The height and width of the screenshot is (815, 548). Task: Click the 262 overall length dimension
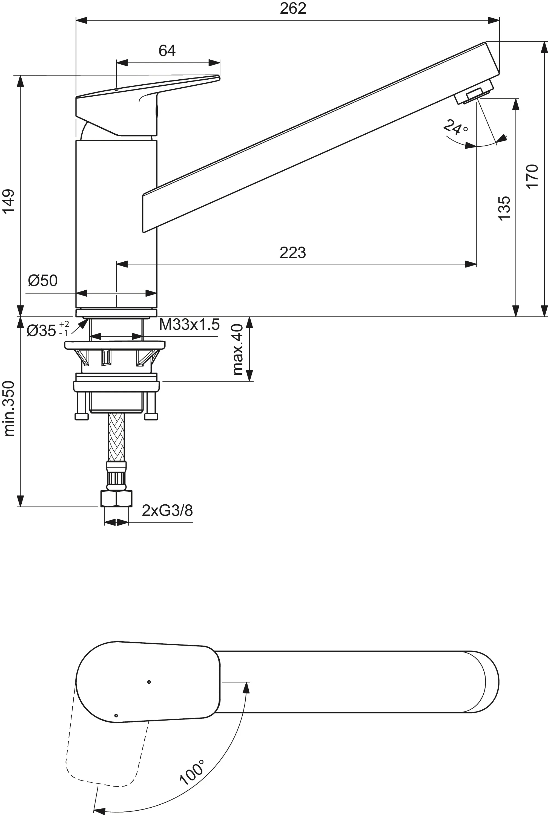coord(293,8)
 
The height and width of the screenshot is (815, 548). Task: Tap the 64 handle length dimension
coord(167,51)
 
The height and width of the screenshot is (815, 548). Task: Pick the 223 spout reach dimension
coord(292,252)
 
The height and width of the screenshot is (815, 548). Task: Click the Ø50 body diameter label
coord(43,281)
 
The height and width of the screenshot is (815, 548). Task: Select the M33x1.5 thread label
coord(189,325)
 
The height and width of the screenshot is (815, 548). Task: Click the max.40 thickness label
coord(238,349)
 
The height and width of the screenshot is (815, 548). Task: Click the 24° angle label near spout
coord(455,128)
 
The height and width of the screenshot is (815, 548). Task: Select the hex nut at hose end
coord(116,499)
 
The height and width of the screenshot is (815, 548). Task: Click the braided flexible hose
coord(116,437)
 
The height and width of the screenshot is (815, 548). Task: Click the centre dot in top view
coord(149,682)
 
